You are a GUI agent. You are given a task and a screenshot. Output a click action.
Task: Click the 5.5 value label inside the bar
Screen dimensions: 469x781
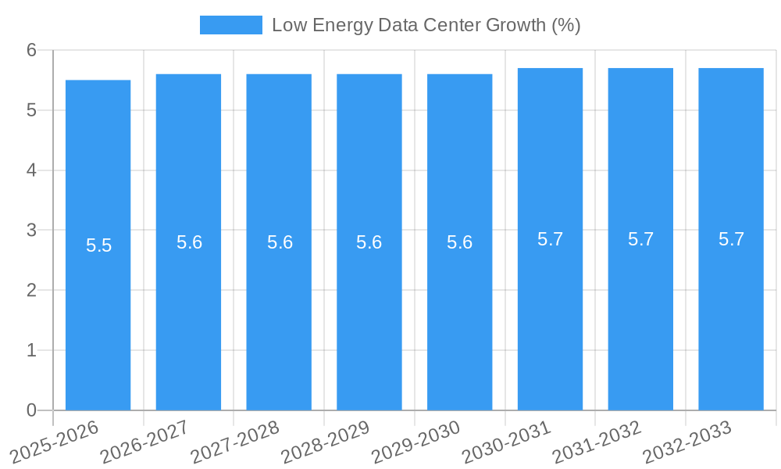click(x=98, y=245)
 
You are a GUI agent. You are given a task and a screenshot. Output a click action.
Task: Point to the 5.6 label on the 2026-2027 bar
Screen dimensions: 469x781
click(x=189, y=242)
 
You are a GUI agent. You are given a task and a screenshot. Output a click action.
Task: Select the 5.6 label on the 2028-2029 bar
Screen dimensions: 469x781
click(x=369, y=242)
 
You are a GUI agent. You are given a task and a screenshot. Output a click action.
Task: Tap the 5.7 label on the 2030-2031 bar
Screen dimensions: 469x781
click(x=550, y=239)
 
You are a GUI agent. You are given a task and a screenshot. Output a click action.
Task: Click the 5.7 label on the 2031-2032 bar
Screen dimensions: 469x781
click(x=640, y=239)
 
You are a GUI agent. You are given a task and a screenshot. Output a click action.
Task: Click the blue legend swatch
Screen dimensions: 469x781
click(x=230, y=25)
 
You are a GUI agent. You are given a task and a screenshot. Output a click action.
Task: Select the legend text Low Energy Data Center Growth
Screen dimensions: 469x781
click(x=426, y=25)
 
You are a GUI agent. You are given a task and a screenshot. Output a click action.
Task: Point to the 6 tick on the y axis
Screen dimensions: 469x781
click(x=31, y=50)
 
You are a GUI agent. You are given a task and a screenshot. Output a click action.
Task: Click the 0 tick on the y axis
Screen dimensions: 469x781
click(x=31, y=410)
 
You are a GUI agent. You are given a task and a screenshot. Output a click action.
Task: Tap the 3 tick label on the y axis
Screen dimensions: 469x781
click(x=31, y=230)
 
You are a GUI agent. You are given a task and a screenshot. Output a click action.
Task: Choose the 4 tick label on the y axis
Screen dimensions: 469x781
click(x=31, y=170)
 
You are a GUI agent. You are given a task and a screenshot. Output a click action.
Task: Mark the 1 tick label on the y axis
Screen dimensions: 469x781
click(x=31, y=350)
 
